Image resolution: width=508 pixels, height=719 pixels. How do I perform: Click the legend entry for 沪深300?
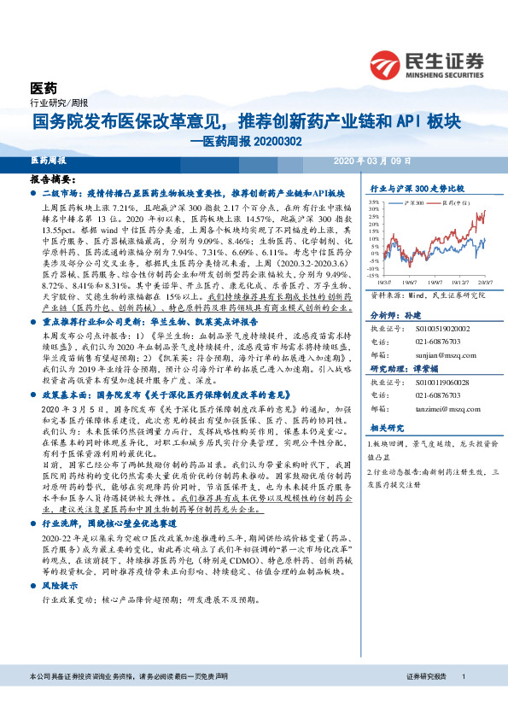click(412, 205)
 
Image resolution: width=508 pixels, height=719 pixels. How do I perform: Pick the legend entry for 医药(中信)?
click(452, 205)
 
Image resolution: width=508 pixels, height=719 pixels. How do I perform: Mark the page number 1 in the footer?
click(462, 699)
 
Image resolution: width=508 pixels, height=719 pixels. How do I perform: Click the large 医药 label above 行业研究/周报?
click(44, 88)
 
